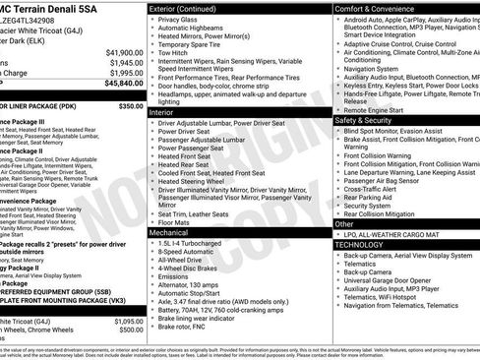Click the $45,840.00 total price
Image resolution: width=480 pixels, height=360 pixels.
118,86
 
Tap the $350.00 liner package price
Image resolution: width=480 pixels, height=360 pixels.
130,105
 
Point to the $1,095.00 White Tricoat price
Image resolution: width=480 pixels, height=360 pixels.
126,321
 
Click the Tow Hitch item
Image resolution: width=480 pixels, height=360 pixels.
174,54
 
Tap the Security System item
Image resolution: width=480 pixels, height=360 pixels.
369,205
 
